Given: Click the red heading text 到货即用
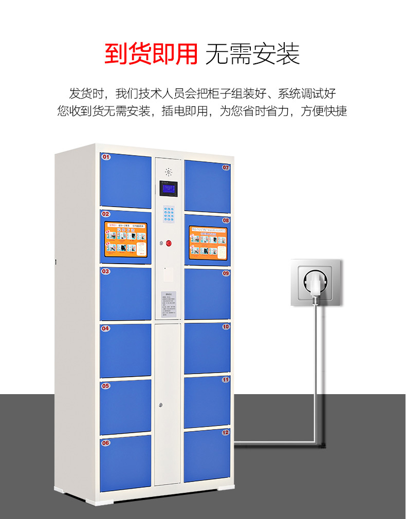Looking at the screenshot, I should (151, 54).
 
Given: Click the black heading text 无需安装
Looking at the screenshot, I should (252, 54).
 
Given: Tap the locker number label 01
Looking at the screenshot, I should (106, 156).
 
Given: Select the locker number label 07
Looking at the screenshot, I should (226, 167).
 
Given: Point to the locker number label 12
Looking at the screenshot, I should (226, 432).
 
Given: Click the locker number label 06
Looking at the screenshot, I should (106, 442).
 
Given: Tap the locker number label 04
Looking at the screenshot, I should (105, 328).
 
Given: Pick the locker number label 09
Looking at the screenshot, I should (226, 273).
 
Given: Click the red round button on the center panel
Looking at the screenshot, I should (169, 243).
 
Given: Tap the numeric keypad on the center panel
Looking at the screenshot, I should (169, 214).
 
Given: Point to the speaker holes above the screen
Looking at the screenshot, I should (168, 172).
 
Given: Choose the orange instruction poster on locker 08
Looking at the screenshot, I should (208, 243).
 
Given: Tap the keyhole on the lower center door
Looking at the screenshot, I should (161, 406).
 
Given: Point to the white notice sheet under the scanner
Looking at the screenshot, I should (168, 304).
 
